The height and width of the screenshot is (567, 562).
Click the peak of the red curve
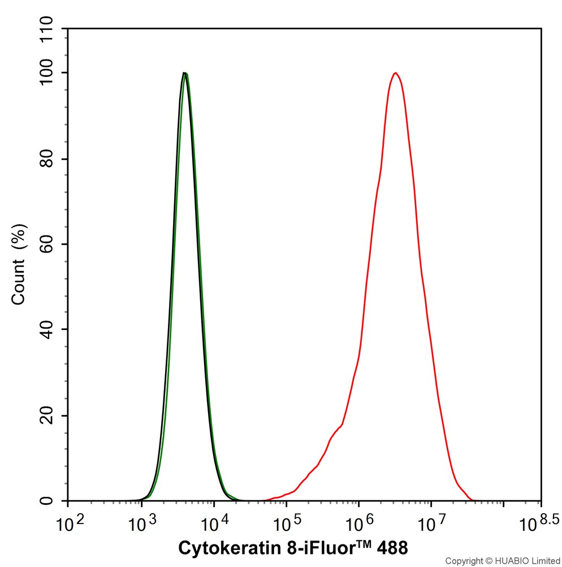coord(396,73)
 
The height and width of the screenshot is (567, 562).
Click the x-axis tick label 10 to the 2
coord(68,523)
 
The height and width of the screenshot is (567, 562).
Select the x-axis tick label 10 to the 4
coord(214,523)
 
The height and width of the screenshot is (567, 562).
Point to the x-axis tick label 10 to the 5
coord(287,523)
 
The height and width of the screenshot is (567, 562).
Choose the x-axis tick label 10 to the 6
coord(359,523)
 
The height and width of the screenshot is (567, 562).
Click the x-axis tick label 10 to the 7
coord(431,523)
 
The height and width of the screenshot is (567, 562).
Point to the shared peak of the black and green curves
coord(185,73)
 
